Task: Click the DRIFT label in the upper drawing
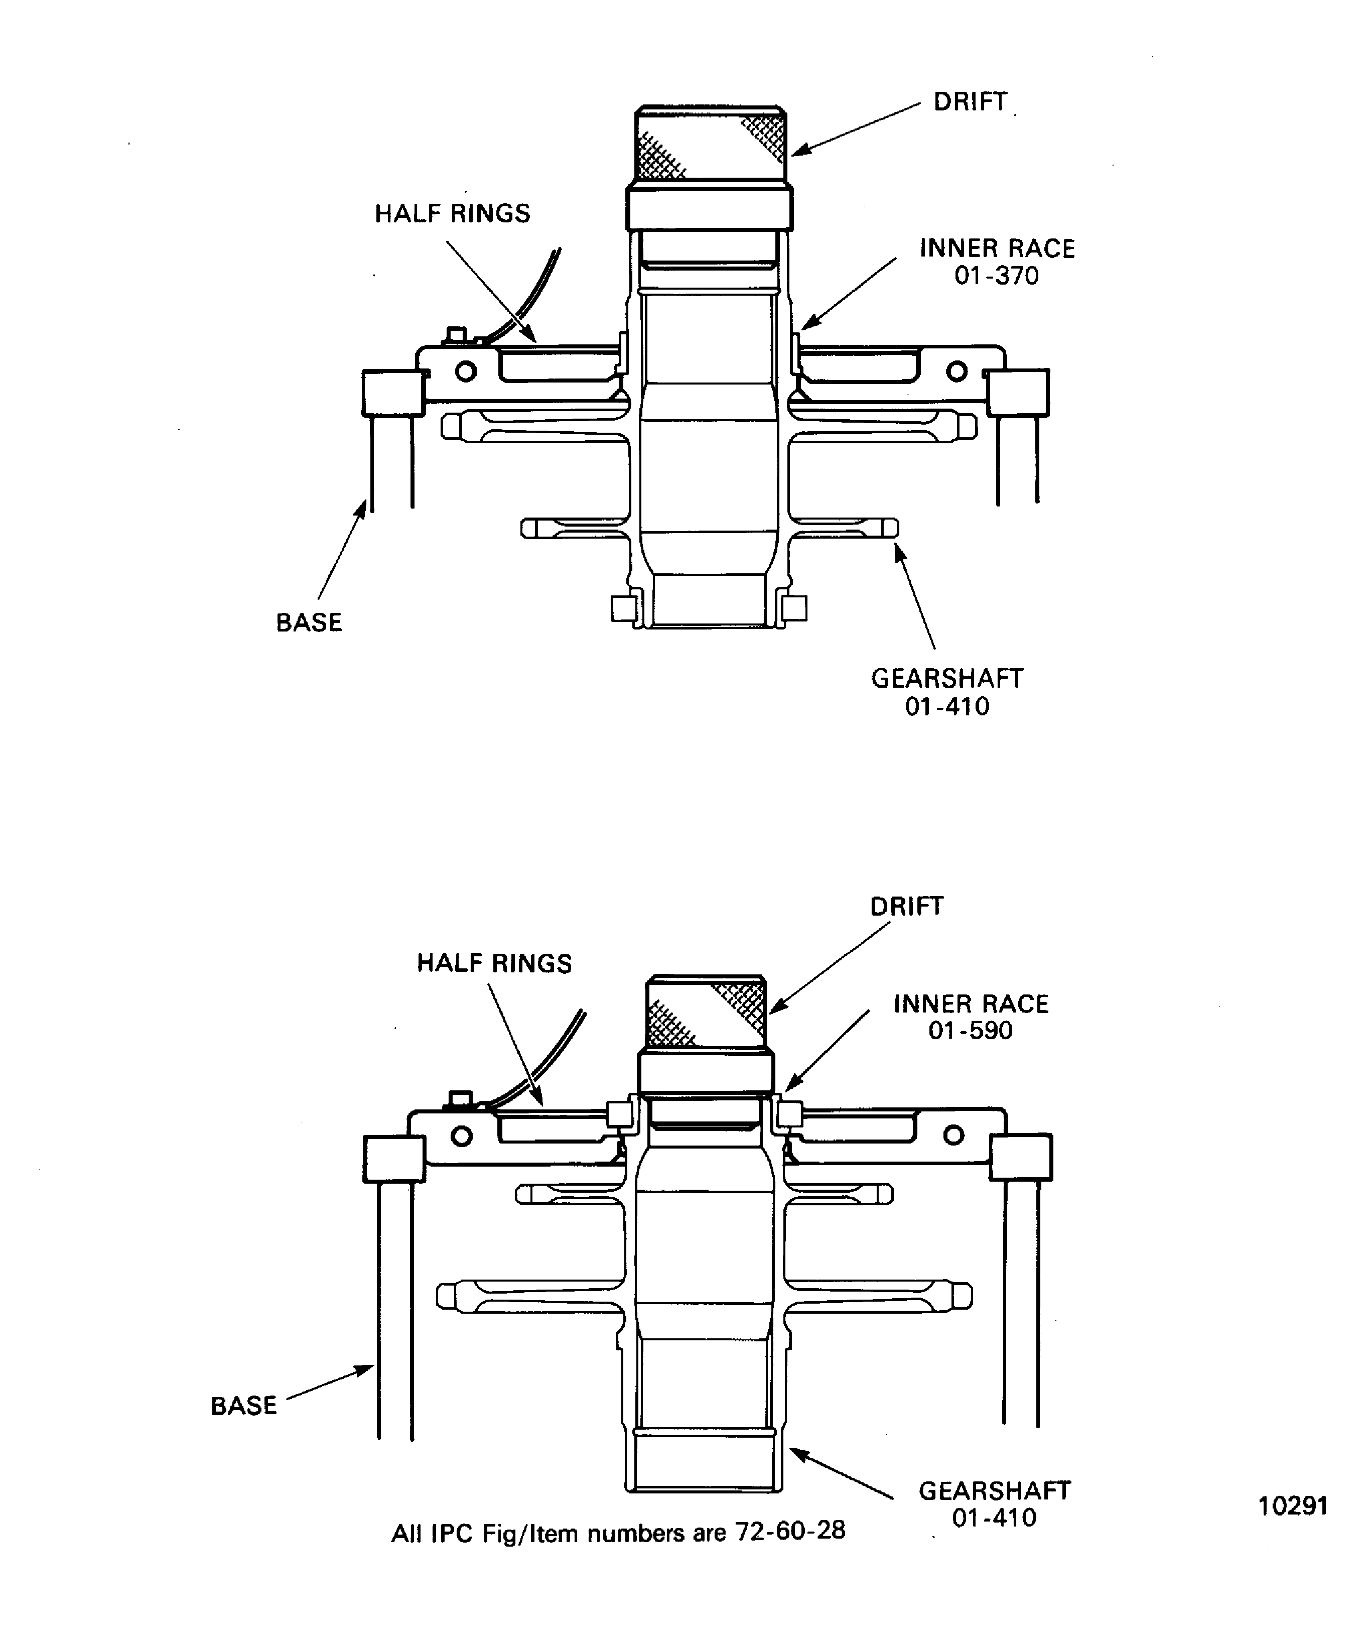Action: tap(970, 102)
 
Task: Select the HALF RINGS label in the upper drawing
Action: tap(452, 214)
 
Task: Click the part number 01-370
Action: tap(997, 276)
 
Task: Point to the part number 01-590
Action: tap(970, 1031)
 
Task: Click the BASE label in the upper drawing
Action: tap(309, 622)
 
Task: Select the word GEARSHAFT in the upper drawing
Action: tap(946, 679)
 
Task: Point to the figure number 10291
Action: tap(1293, 1505)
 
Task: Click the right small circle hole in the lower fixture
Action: tap(953, 1135)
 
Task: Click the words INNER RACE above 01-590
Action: tap(971, 1004)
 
